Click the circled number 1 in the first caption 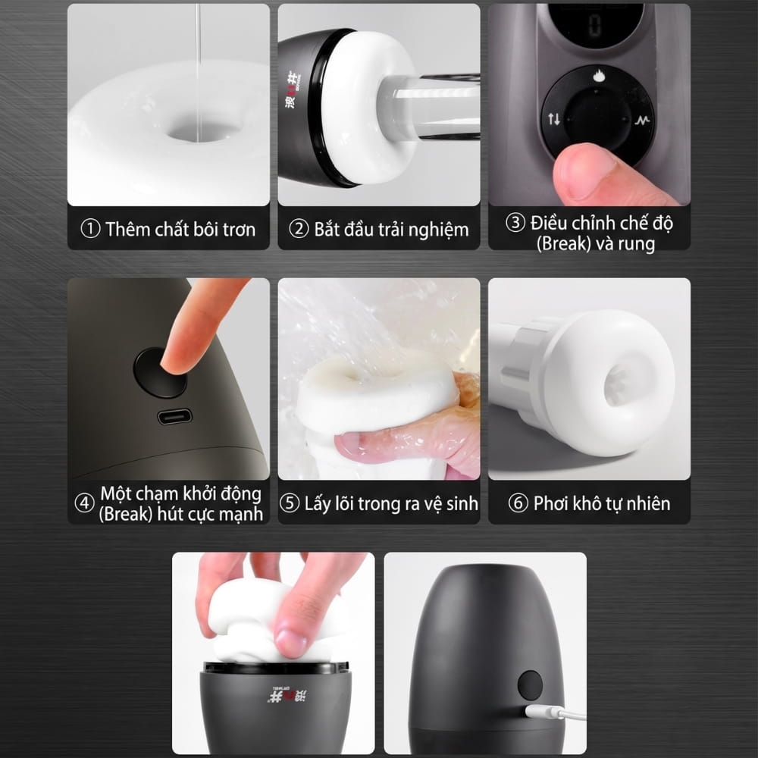coord(90,229)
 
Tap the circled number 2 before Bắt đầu coord(298,229)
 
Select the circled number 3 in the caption coord(515,223)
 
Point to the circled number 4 coord(84,503)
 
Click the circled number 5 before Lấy coord(289,503)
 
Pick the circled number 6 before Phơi coord(518,503)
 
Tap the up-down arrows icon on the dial coord(554,118)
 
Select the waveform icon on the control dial coord(643,120)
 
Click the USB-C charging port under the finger coord(174,417)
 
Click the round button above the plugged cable coord(531,685)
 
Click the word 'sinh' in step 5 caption coord(462,504)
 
